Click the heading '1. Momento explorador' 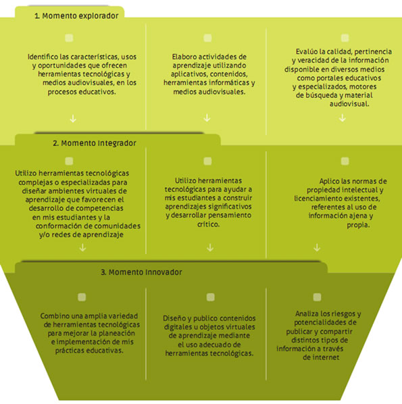pos(76,16)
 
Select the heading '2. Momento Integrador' pos(95,143)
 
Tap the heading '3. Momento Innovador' pos(141,272)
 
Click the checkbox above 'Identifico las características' pos(69,38)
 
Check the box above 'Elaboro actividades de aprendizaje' pos(207,38)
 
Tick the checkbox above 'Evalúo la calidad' pos(345,38)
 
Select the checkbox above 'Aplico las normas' pos(345,161)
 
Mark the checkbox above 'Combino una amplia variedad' pos(82,297)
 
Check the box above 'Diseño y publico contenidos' pos(211,297)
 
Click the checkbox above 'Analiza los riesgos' pos(318,297)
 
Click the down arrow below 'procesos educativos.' pos(73,118)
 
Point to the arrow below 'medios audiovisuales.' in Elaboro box pos(207,118)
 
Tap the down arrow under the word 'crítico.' pos(210,248)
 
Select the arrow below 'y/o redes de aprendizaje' pos(82,248)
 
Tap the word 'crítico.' pos(209,224)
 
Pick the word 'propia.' pos(359,225)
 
